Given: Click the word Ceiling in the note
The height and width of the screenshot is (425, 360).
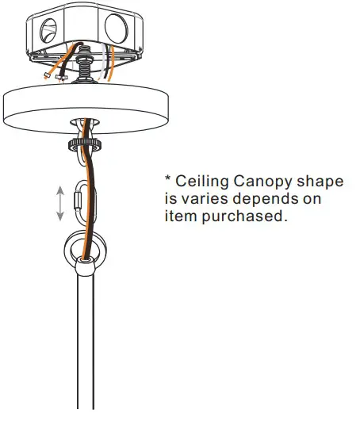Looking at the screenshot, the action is coord(202,181).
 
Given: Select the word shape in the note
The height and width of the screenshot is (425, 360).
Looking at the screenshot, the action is coord(320,182).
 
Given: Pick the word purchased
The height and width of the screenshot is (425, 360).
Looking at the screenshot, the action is coord(244,216).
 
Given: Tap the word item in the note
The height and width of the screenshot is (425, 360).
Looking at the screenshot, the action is coord(181,216).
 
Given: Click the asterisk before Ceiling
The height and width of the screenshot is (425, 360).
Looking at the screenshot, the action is coord(168,178).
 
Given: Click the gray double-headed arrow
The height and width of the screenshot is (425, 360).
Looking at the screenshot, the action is coord(60,203).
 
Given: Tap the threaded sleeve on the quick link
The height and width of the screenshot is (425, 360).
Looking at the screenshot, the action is coord(78,200).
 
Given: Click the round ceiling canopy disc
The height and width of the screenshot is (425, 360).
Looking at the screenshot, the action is coord(86,109).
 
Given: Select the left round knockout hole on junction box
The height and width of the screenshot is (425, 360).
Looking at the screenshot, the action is coord(48,30).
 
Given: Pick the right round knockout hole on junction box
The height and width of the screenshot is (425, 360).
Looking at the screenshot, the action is coord(116,29).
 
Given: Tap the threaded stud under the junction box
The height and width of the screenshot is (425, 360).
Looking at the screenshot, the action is coord(85,64).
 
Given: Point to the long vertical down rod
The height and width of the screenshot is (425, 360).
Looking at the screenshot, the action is coord(86,342).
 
